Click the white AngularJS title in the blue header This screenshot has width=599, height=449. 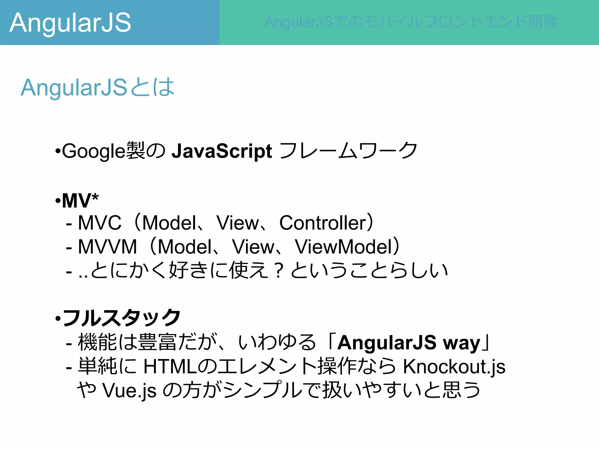coord(70,23)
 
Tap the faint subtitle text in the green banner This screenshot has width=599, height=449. coord(411,22)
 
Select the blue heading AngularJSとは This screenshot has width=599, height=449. coord(98,87)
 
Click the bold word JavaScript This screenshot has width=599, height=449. coord(222,151)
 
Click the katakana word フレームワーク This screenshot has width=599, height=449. coord(348,151)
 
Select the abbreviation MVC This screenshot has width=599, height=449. coord(99,223)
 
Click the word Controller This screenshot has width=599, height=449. coord(323,223)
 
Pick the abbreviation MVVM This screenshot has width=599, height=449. coord(107,247)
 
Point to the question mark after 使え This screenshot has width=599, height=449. coord(279,271)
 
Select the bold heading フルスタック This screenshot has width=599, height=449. coord(122,318)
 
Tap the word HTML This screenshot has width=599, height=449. coord(170,367)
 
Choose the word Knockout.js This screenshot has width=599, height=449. coord(454,367)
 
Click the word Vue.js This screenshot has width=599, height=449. coord(129,391)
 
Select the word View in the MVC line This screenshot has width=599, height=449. coord(237,223)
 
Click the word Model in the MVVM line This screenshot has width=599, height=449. coord(185,247)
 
